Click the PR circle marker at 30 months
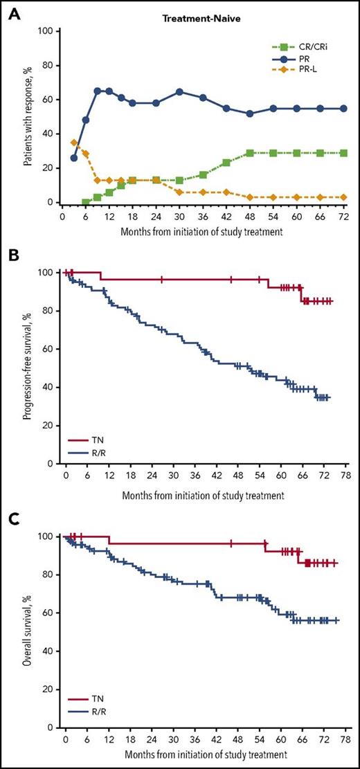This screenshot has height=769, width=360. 199,91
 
